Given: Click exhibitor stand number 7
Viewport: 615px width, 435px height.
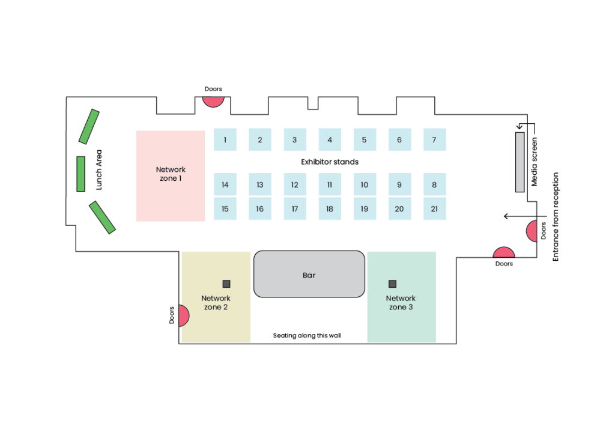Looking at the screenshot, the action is coord(435,139).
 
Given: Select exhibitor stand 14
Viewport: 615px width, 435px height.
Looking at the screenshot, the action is coord(225,184).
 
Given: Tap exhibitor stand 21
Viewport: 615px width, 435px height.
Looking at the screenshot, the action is coord(435,208).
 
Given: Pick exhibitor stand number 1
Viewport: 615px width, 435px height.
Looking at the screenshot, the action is coord(225,139).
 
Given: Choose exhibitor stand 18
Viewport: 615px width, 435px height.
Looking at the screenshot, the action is coord(330,208).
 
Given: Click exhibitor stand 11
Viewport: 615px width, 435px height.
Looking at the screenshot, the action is coord(330,184).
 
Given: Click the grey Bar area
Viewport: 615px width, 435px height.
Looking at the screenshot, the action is coord(309,274).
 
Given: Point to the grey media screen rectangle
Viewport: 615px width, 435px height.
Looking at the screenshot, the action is coord(520,162).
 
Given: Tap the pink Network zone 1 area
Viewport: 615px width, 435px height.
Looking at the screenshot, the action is coord(171,176).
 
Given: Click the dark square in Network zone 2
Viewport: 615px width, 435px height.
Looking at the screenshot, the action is coord(226,284).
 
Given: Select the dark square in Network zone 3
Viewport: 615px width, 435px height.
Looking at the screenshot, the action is coord(392,284).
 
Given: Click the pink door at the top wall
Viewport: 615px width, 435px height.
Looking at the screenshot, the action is coord(213,101).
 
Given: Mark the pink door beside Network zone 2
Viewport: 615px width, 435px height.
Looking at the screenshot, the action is coord(184,316).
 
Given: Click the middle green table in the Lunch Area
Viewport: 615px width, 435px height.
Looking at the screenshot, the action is coord(81,174).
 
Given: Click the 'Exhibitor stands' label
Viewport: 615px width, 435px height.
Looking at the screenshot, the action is coord(330,162).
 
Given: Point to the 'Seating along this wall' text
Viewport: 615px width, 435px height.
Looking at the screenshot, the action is coord(307,335).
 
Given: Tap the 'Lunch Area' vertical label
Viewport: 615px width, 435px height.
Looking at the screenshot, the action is coord(99,170).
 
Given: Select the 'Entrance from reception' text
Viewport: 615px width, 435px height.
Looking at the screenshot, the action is coord(556,217).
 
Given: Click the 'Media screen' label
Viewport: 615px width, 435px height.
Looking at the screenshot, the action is coord(534,162).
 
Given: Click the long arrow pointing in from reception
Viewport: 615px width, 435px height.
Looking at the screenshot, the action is coord(525,216).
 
